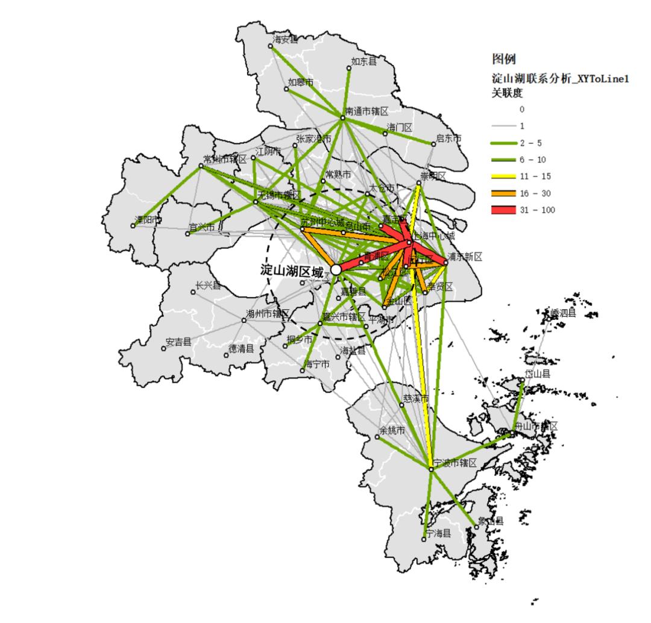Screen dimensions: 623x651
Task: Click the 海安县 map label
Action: tap(285, 40)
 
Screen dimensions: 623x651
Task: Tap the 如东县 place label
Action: tap(364, 61)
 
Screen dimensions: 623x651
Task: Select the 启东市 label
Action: tap(448, 139)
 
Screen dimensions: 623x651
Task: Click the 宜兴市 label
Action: tap(201, 228)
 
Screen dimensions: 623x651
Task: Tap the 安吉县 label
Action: tap(178, 342)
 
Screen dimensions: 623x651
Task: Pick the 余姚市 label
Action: tap(392, 431)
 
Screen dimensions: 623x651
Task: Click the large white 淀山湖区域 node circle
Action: tap(336, 270)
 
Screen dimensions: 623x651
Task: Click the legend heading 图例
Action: tap(504, 59)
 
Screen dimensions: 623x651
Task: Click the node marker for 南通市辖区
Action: tap(342, 117)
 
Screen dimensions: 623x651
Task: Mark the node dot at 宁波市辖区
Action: tap(431, 469)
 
